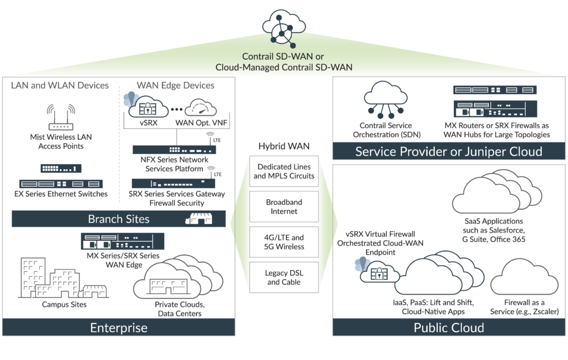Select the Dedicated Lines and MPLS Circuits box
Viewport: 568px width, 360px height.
pos(283,171)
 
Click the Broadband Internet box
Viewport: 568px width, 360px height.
pos(283,206)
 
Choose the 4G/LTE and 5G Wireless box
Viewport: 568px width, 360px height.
pos(283,242)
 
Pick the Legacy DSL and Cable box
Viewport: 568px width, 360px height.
pos(283,277)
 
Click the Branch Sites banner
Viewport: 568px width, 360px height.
pos(119,219)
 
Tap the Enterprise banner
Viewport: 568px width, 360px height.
pos(119,327)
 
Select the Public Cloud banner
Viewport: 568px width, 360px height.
pos(449,327)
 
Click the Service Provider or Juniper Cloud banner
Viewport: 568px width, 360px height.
pos(449,151)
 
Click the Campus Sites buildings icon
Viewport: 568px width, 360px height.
pos(58,277)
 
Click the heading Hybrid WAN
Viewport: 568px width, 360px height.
pos(283,146)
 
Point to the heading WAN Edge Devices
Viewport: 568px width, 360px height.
pos(175,85)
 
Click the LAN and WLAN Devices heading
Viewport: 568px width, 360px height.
pos(60,85)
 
